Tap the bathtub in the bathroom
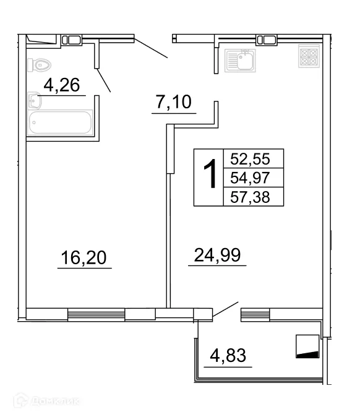pos(60,123)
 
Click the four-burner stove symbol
pos(307,57)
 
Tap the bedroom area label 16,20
pos(85,257)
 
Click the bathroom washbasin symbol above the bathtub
pos(34,101)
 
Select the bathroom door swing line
pos(103,80)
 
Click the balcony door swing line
pos(226,311)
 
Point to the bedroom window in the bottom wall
pos(96,314)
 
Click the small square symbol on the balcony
pos(307,346)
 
